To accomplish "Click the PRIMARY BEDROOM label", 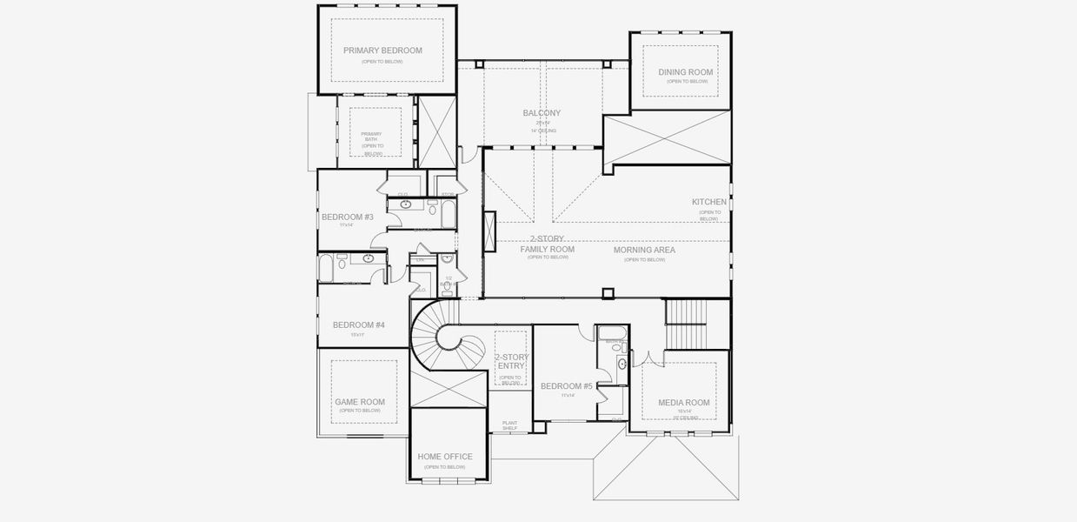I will pyautogui.click(x=382, y=50).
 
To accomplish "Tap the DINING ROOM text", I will pyautogui.click(x=685, y=72).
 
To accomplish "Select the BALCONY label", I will pyautogui.click(x=542, y=113).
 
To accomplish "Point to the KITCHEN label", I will pyautogui.click(x=708, y=202).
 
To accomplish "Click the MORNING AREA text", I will pyautogui.click(x=644, y=251).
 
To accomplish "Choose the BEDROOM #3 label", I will pyautogui.click(x=347, y=217).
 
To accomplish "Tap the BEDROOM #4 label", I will pyautogui.click(x=358, y=325).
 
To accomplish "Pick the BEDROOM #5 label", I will pyautogui.click(x=566, y=386).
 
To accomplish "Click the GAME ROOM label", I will pyautogui.click(x=360, y=402).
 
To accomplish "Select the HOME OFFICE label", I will pyautogui.click(x=445, y=457).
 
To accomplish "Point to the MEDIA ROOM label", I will pyautogui.click(x=683, y=403).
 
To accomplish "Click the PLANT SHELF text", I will pyautogui.click(x=509, y=425).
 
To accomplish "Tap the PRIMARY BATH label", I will pyautogui.click(x=371, y=137).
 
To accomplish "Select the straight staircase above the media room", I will pyautogui.click(x=686, y=324).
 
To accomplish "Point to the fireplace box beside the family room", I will pyautogui.click(x=489, y=232).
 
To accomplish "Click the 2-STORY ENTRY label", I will pyautogui.click(x=510, y=362).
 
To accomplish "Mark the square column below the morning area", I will pyautogui.click(x=608, y=293).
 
